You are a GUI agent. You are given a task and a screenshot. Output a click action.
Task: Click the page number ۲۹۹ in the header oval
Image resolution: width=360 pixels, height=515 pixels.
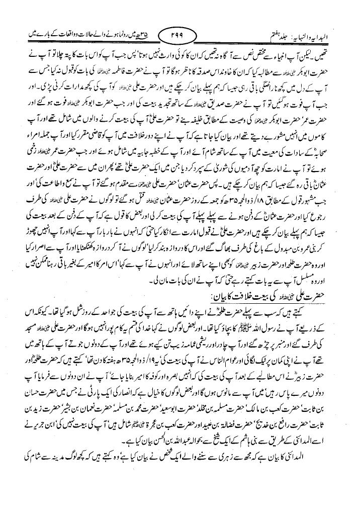(x=179, y=36)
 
